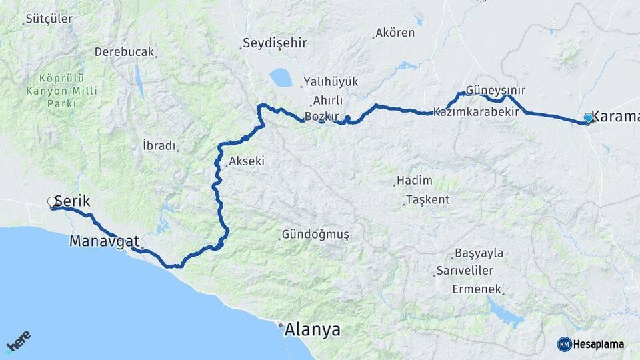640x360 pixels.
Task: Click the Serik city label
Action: pyautogui.click(x=72, y=201)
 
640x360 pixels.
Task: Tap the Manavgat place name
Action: pyautogui.click(x=104, y=241)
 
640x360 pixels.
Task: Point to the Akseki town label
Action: pyautogui.click(x=246, y=161)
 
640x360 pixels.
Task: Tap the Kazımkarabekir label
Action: pyautogui.click(x=476, y=112)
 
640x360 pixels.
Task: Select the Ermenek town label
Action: pyautogui.click(x=477, y=289)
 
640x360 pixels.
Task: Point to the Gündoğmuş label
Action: pyautogui.click(x=315, y=235)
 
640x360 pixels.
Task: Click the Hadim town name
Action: pyautogui.click(x=414, y=181)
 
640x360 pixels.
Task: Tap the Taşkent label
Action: pyautogui.click(x=427, y=199)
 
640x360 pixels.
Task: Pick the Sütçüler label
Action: pyautogui.click(x=49, y=19)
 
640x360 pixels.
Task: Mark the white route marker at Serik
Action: pyautogui.click(x=52, y=201)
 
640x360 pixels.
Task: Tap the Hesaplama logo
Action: pyautogui.click(x=591, y=344)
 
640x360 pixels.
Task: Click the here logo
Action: pyautogui.click(x=18, y=344)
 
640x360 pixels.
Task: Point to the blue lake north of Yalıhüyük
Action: pyautogui.click(x=281, y=78)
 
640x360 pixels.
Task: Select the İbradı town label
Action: pyautogui.click(x=159, y=145)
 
